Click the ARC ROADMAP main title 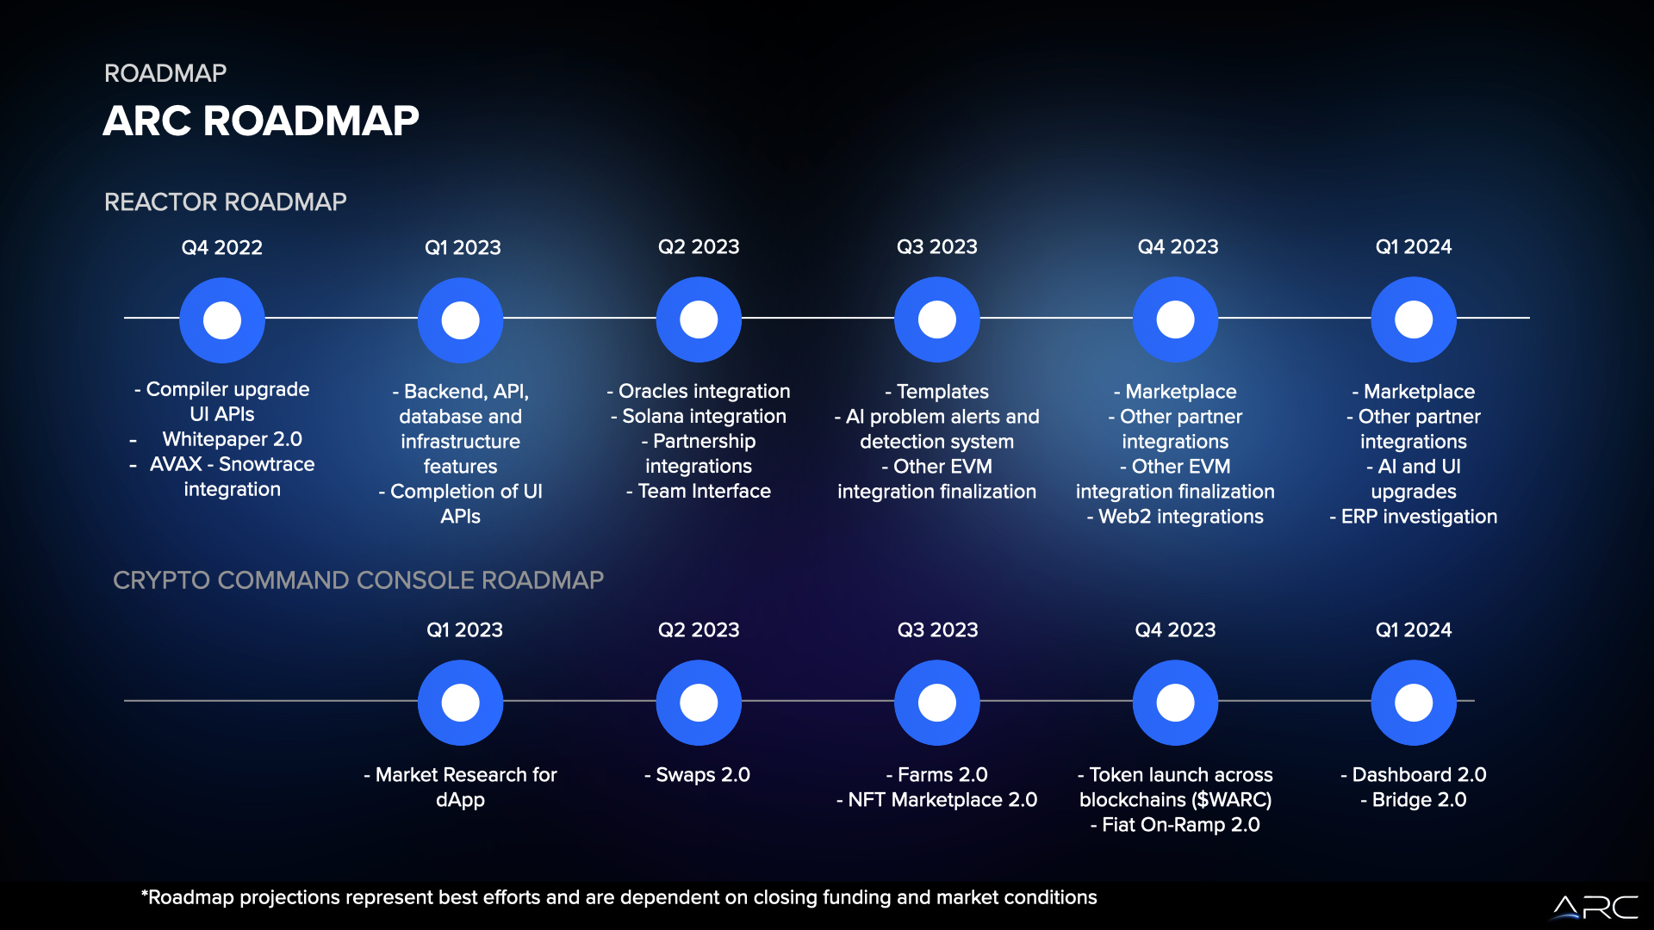[261, 121]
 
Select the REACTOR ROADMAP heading [226, 201]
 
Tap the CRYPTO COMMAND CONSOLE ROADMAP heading [358, 580]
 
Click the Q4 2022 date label [222, 247]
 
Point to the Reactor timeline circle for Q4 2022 [222, 320]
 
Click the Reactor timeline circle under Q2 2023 [699, 319]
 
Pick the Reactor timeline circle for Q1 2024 [1414, 319]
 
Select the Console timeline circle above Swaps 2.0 [699, 703]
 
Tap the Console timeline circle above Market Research [461, 703]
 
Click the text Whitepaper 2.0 [233, 439]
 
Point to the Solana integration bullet [699, 416]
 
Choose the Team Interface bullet [699, 491]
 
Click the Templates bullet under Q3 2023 [937, 392]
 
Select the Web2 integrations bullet [1175, 517]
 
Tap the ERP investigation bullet [1414, 517]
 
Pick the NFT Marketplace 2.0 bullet [937, 800]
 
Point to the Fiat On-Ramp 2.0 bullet [1175, 825]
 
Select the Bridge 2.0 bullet [1414, 800]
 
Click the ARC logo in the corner [1595, 908]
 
